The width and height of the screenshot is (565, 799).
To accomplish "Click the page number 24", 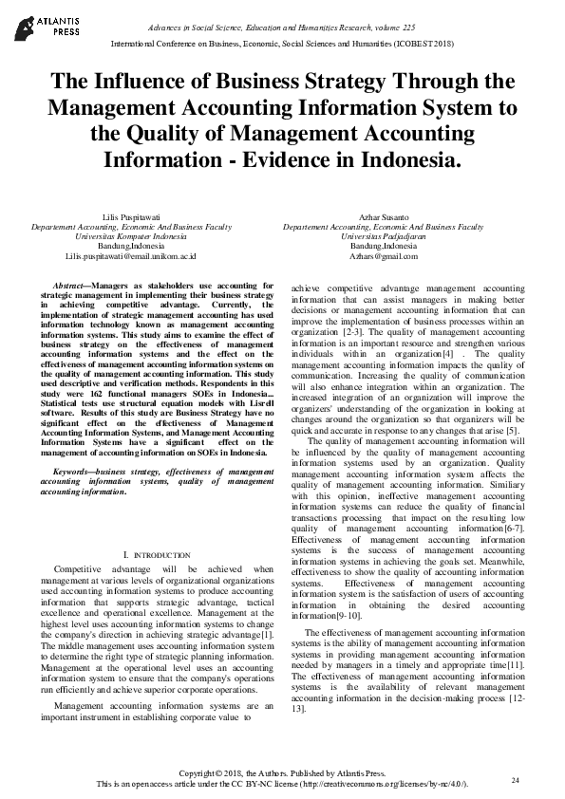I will tap(516, 780).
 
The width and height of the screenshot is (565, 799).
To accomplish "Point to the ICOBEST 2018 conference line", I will tap(283, 44).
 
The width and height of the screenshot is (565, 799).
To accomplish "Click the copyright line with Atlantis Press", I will tap(282, 774).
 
